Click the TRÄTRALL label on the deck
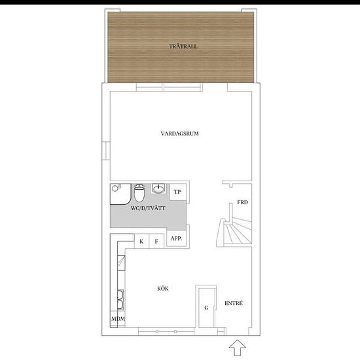(x=183, y=46)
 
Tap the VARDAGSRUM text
(x=179, y=134)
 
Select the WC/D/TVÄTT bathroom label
(x=148, y=208)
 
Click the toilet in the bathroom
(x=139, y=192)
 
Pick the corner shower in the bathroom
(x=121, y=194)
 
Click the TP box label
(x=177, y=192)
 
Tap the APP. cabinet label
(x=176, y=238)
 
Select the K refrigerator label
(x=141, y=242)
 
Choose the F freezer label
(x=156, y=242)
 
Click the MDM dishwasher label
(x=118, y=319)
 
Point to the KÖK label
(x=163, y=289)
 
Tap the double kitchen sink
(x=120, y=300)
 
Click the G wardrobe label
(x=206, y=308)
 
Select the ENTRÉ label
(x=234, y=303)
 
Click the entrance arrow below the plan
(x=238, y=348)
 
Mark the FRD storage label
(x=242, y=202)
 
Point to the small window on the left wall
(x=106, y=151)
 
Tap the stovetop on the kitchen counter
(x=121, y=262)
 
